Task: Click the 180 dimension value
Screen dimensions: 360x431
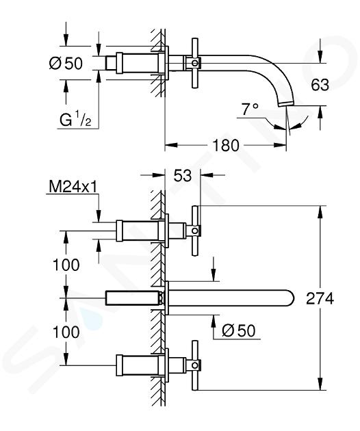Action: click(x=226, y=146)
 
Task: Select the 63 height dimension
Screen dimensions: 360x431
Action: click(x=320, y=85)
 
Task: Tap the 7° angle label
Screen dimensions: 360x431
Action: click(x=250, y=109)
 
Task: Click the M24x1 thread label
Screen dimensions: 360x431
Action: click(x=73, y=187)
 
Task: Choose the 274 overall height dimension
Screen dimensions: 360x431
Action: click(x=320, y=298)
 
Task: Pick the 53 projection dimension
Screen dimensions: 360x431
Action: click(x=183, y=175)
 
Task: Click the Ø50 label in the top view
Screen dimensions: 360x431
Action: click(x=66, y=64)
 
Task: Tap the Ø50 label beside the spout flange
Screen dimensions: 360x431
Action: click(x=238, y=330)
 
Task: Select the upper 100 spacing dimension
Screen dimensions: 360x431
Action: click(x=66, y=265)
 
